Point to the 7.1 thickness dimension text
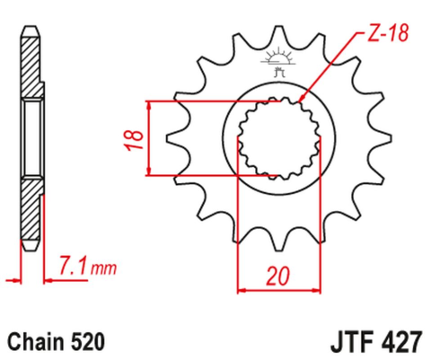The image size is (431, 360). [x=71, y=266]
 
